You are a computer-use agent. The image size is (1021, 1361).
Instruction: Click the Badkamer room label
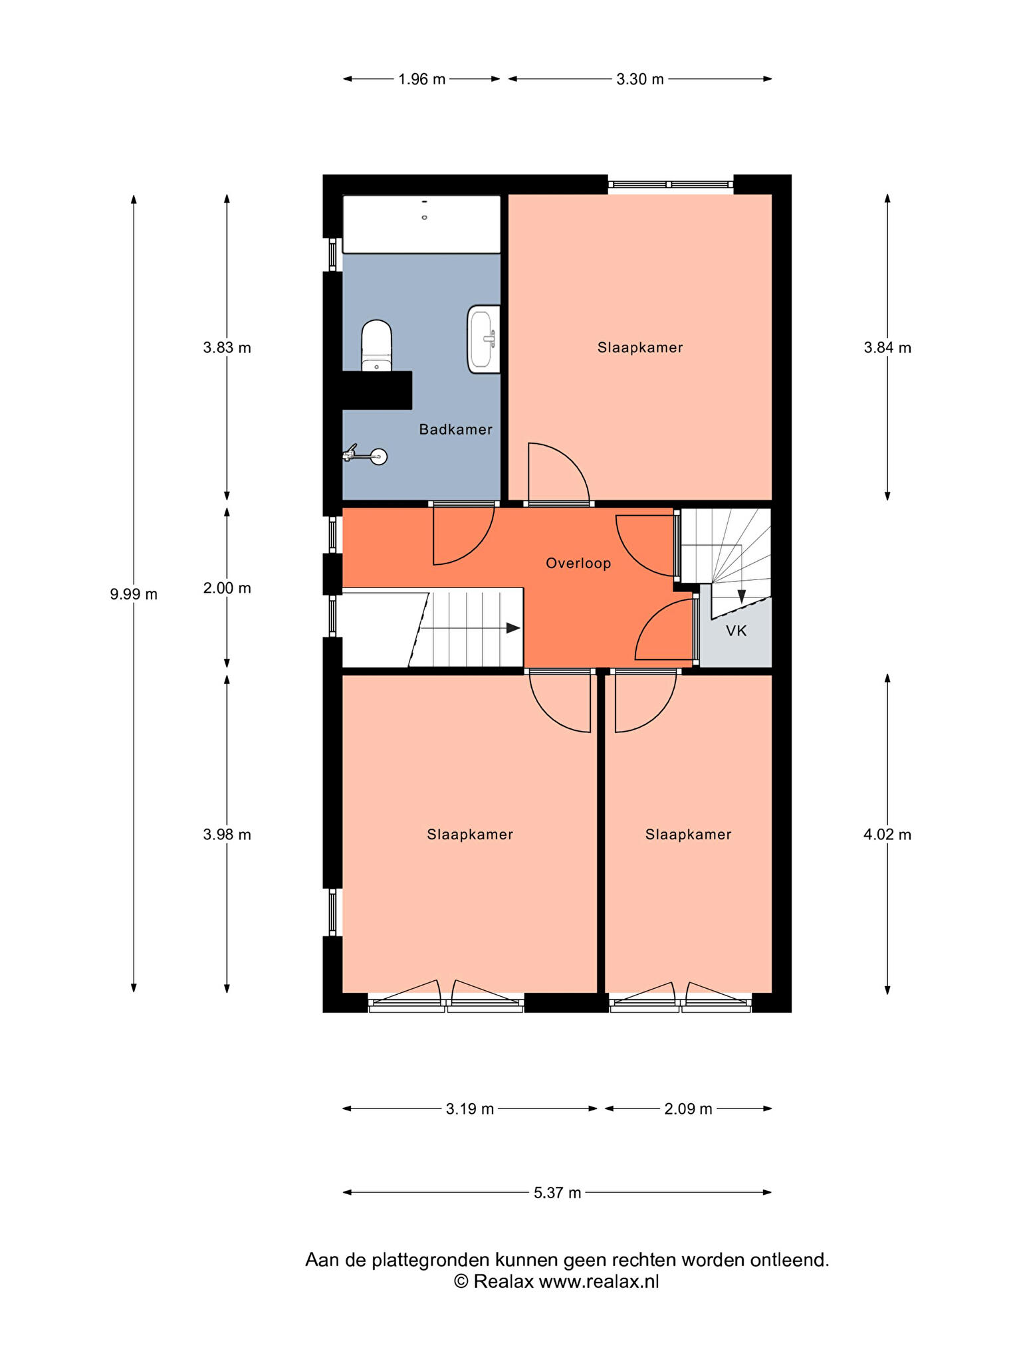tap(455, 429)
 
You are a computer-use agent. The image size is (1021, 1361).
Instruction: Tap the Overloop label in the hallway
tap(578, 564)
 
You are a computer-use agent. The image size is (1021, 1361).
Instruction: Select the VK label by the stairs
tap(736, 631)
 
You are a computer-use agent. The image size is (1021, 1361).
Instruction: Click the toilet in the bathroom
tap(377, 346)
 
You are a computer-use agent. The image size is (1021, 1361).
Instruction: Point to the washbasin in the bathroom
tap(484, 339)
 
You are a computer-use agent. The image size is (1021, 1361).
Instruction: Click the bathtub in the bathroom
tap(421, 224)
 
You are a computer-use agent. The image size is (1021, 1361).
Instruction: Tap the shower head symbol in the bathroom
tap(366, 455)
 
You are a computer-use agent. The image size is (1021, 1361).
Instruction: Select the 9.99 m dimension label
tap(134, 594)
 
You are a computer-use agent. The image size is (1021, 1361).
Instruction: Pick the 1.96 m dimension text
tap(421, 80)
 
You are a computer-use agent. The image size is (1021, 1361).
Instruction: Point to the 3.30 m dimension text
tap(639, 80)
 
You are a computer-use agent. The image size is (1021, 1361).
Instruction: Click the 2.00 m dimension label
tap(227, 588)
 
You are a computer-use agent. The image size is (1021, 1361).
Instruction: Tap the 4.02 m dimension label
tap(887, 835)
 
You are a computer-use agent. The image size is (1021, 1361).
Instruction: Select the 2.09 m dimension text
tap(688, 1109)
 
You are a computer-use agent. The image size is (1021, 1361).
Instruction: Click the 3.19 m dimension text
tap(470, 1109)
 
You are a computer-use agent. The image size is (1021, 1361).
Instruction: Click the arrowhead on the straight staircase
tap(513, 628)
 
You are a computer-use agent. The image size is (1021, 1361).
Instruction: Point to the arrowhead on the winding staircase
tap(741, 596)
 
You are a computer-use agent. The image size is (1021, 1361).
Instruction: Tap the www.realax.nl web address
tap(598, 1282)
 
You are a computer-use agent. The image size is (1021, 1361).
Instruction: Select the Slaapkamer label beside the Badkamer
tap(640, 348)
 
